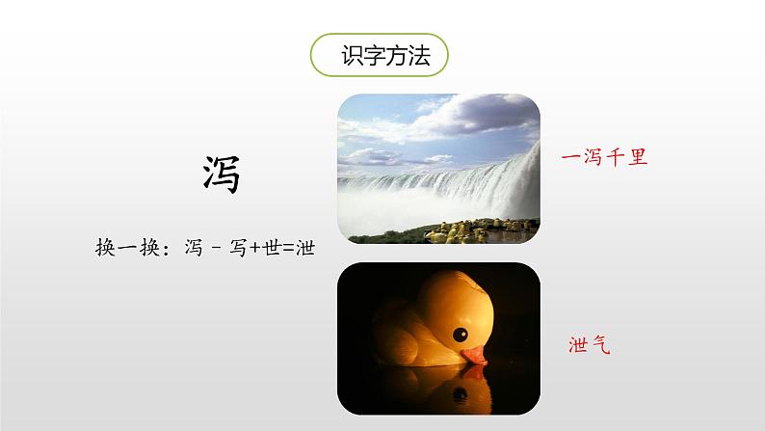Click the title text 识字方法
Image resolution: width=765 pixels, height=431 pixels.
tap(385, 56)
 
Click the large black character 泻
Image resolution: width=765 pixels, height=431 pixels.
tap(222, 175)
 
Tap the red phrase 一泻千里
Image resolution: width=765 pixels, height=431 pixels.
tap(604, 158)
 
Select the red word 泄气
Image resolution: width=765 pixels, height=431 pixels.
tap(590, 344)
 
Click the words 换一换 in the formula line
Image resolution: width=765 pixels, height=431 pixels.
tap(127, 248)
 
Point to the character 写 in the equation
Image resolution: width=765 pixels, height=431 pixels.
tap(239, 248)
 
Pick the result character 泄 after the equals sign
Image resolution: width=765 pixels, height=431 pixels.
tap(305, 248)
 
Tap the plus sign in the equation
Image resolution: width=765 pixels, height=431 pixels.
tap(254, 249)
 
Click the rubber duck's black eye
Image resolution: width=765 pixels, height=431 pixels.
tap(461, 335)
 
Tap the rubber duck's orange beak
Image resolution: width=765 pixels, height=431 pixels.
tap(474, 356)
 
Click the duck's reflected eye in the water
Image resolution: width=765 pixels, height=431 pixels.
tap(460, 394)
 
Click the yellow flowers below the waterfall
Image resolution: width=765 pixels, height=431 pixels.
tap(481, 230)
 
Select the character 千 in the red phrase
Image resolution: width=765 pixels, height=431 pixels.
tap(616, 158)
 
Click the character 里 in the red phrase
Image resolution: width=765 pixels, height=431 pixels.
tap(638, 158)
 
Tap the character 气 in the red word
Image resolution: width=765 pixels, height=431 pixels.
tap(601, 344)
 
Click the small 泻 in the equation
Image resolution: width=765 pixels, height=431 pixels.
tap(194, 248)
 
